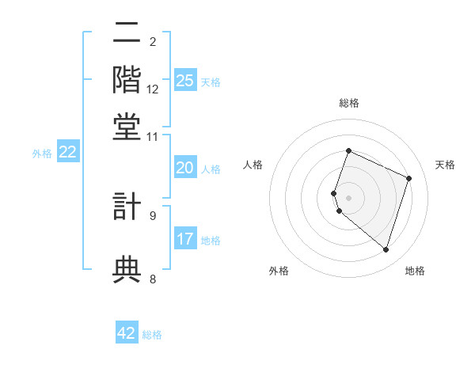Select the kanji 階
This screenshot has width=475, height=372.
pos(127,81)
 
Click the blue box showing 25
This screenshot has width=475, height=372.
pos(185,81)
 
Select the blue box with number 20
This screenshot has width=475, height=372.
pos(185,168)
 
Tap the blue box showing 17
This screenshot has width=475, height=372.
pos(185,239)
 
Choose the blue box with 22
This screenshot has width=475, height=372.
pos(67,152)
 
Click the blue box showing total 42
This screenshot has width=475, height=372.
pos(127,333)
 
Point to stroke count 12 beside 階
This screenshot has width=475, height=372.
pos(153,89)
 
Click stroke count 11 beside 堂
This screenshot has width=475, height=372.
pos(153,137)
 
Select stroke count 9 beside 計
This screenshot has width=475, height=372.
pos(153,215)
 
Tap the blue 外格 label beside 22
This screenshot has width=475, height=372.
pos(42,154)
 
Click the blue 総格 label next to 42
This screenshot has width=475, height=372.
pos(152,335)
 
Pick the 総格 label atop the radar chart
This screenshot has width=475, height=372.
pos(348,103)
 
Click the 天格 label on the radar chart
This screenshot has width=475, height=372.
pos(445,165)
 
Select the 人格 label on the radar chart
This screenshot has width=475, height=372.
pos(253,165)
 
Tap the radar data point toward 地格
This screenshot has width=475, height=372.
pos(386,249)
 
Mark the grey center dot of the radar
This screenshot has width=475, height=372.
pos(348,197)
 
